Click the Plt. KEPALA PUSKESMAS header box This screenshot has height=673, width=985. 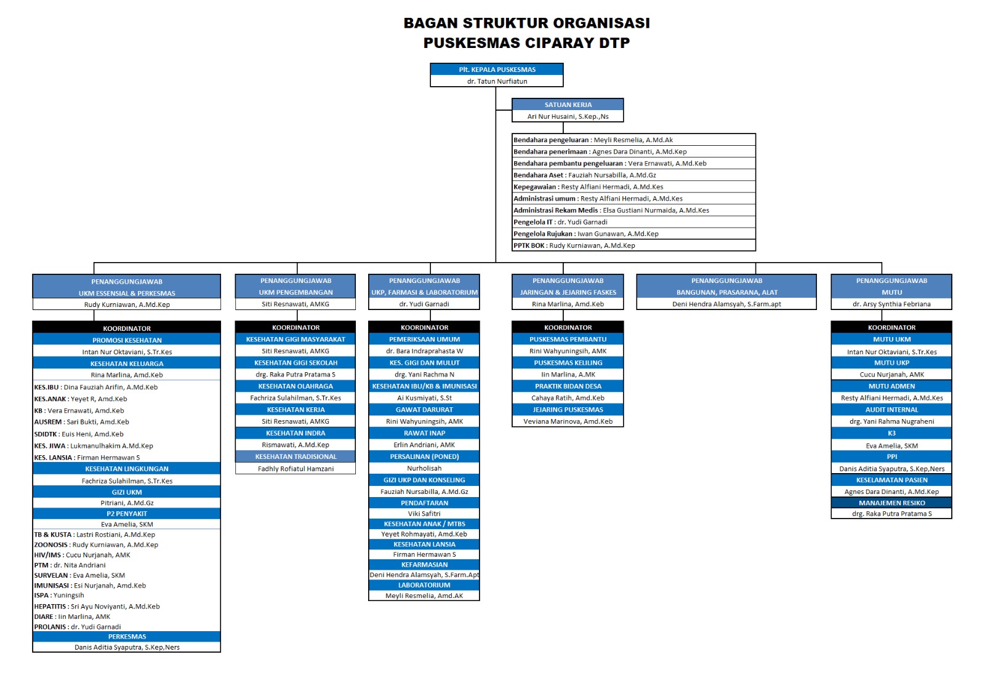[497, 70]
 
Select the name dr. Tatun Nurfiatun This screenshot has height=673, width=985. [497, 81]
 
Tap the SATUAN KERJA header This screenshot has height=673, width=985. [568, 105]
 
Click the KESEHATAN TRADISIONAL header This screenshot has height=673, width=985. [295, 456]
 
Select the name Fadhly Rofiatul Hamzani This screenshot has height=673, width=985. [295, 469]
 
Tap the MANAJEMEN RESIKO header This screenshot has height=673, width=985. [891, 503]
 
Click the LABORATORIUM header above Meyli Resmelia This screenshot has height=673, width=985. [424, 585]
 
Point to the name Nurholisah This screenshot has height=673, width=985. [424, 468]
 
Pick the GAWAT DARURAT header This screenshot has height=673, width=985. [424, 410]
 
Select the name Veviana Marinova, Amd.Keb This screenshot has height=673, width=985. [568, 421]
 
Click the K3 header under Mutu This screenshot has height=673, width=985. [891, 433]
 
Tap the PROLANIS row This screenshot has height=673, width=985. [78, 627]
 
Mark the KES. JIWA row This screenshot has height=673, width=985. [94, 446]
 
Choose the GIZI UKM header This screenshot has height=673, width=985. [127, 492]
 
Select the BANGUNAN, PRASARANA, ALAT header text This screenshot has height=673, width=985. [726, 292]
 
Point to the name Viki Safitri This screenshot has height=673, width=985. [424, 514]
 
